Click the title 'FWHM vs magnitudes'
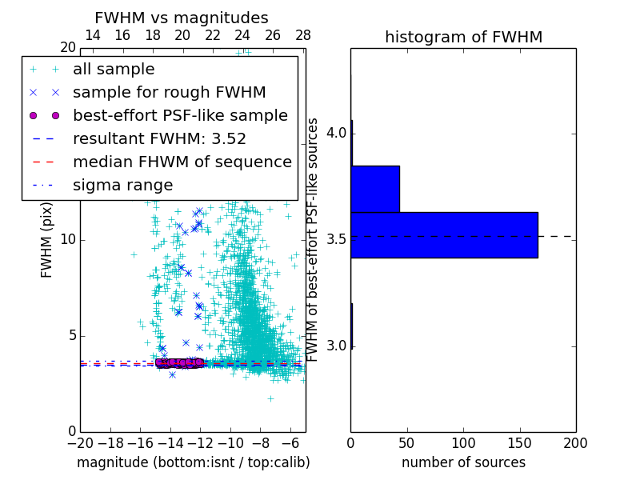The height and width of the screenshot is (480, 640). pyautogui.click(x=182, y=18)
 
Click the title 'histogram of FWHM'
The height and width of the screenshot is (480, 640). pyautogui.click(x=463, y=37)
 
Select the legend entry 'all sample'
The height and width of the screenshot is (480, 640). pyautogui.click(x=114, y=70)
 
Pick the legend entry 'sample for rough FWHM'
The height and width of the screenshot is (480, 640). pyautogui.click(x=169, y=93)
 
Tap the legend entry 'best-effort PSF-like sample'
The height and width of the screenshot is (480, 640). pyautogui.click(x=180, y=116)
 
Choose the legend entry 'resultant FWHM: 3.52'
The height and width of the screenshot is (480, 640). pyautogui.click(x=159, y=139)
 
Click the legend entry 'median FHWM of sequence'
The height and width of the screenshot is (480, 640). pyautogui.click(x=182, y=162)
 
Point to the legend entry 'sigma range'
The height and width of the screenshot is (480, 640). pyautogui.click(x=122, y=186)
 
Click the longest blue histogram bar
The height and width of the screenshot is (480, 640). pyautogui.click(x=444, y=234)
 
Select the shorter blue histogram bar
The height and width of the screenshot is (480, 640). pyautogui.click(x=375, y=189)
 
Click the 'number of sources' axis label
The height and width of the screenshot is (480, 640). pyautogui.click(x=463, y=462)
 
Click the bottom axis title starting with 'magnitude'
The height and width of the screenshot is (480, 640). pyautogui.click(x=193, y=462)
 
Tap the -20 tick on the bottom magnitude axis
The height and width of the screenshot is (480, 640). pyautogui.click(x=80, y=442)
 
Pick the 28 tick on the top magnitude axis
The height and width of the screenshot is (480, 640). pyautogui.click(x=303, y=35)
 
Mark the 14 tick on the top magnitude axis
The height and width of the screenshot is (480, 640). pyautogui.click(x=92, y=35)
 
